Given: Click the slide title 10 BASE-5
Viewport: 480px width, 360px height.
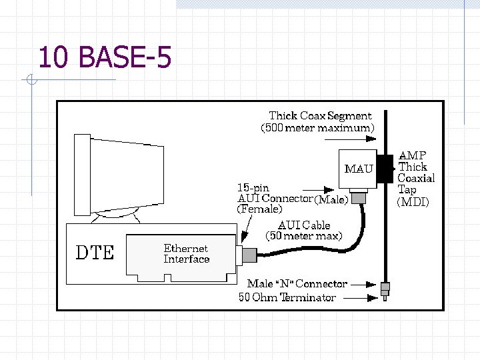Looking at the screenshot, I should click(105, 58).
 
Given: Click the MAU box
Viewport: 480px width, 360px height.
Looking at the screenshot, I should click(359, 168).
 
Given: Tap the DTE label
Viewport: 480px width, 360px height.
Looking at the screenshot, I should click(95, 253).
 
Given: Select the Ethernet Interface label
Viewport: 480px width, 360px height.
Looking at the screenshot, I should click(187, 254).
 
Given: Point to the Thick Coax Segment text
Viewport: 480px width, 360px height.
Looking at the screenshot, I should click(320, 116).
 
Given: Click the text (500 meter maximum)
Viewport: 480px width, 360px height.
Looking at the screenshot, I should click(317, 127).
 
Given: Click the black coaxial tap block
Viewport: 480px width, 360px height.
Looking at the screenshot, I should click(385, 169).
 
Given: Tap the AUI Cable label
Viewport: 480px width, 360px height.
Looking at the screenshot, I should click(304, 225).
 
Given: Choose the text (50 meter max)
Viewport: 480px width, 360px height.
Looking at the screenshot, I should click(304, 236).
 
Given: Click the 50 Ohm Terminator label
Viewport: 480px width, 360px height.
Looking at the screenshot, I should click(287, 297).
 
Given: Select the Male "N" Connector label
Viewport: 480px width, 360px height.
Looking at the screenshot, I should click(297, 284).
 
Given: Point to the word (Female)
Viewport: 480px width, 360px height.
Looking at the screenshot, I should click(259, 209).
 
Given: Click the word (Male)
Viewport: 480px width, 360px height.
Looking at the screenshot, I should click(331, 199).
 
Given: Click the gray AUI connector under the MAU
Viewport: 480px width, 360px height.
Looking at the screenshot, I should click(360, 197).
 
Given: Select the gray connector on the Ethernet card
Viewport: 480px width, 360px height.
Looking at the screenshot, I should click(247, 255).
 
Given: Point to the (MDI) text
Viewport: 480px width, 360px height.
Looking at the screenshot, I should click(413, 201).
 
